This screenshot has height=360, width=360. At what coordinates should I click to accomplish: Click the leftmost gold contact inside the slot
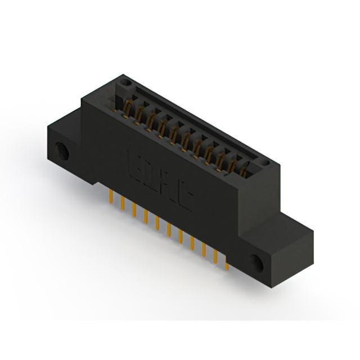pyautogui.click(x=127, y=106)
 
